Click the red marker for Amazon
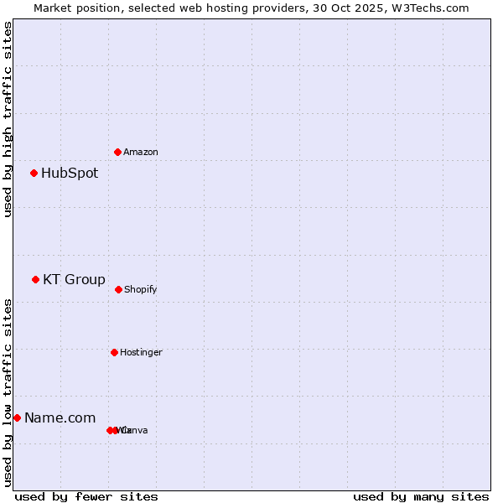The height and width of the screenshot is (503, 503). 117,152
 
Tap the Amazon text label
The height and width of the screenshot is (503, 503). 141,153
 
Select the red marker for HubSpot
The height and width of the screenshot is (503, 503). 34,174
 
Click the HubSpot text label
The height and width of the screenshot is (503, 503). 70,174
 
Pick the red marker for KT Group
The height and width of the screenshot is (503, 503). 35,280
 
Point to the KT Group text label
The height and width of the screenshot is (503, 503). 74,280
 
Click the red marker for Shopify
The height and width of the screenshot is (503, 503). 118,289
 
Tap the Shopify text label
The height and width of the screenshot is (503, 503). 141,290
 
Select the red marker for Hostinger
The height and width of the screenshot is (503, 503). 114,352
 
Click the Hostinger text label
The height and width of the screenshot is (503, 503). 141,353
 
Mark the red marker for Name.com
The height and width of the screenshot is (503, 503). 17,417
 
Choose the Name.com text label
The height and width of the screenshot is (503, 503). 60,418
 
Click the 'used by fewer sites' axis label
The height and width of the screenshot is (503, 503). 86,497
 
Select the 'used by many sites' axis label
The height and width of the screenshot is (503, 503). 421,497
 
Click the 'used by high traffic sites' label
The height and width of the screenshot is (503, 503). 8,120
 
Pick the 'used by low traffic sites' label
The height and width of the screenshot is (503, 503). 8,392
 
